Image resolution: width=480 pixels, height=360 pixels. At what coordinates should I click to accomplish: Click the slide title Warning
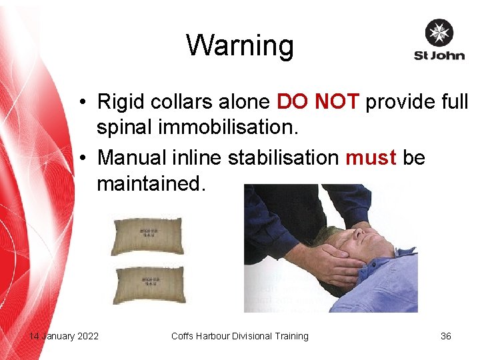pos(239,45)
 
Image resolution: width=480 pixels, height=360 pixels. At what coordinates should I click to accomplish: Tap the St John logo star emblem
pos(439,33)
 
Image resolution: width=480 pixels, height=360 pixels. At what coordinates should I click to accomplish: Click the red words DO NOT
pos(318,102)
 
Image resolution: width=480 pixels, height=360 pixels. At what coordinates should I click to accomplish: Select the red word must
pos(371,157)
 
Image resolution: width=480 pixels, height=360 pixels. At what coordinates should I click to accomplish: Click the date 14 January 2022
pos(63,336)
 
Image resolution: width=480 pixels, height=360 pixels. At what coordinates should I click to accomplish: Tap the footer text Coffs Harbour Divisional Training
pos(240,336)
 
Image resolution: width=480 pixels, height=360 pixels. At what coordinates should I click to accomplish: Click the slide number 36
pos(446,336)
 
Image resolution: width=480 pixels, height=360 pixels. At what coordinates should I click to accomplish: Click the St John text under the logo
pos(439,55)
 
